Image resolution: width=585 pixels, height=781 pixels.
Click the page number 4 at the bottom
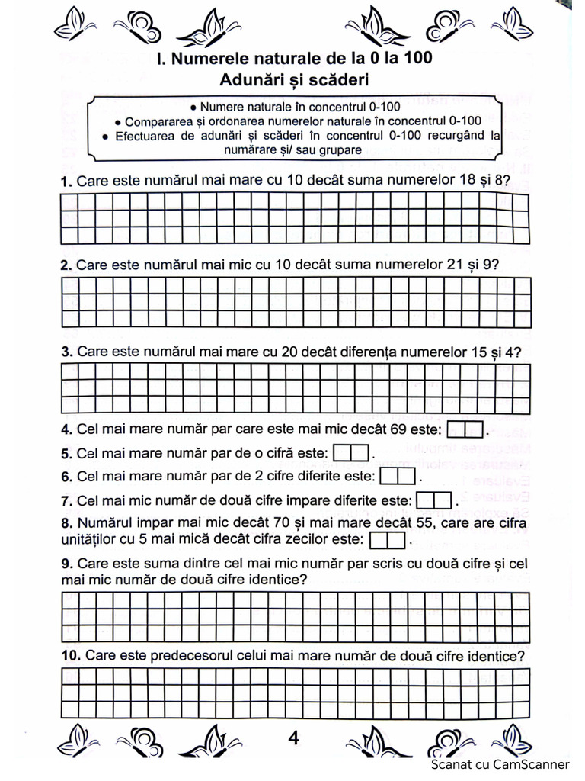click(x=293, y=738)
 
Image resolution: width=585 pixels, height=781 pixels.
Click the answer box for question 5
click(x=352, y=453)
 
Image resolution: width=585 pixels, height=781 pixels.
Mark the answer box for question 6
click(x=397, y=477)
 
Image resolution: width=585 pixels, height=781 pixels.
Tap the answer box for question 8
click(x=388, y=541)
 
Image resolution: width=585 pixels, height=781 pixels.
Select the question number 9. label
click(x=66, y=564)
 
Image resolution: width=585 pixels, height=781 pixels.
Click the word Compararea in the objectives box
click(x=158, y=121)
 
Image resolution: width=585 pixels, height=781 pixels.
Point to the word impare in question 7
click(x=267, y=501)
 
